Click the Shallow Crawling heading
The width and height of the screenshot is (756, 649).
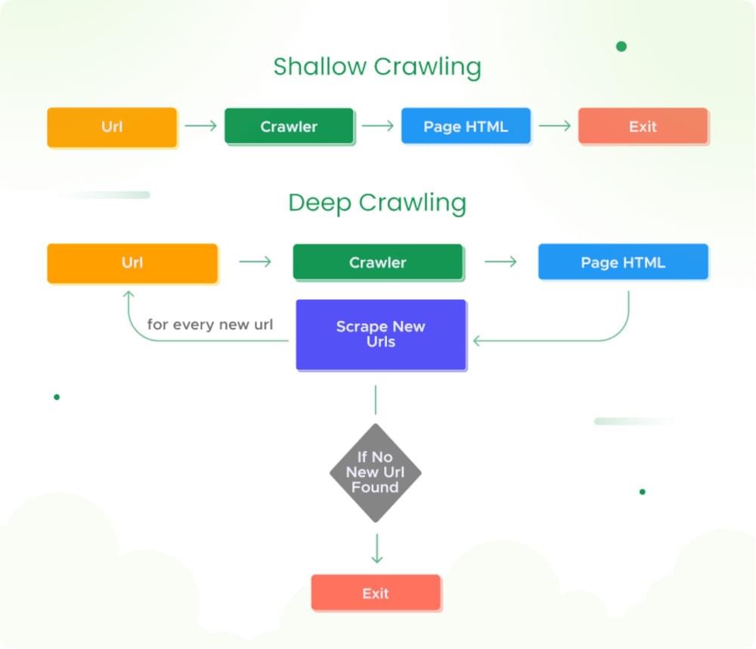point(376,66)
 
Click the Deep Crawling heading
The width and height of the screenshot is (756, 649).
point(376,202)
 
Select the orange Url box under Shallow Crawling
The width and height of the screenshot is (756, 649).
point(112,127)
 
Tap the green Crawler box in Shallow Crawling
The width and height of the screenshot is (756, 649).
point(289,127)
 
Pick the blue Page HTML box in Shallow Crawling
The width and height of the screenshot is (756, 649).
point(466,127)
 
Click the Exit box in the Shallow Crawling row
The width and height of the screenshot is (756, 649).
point(643,127)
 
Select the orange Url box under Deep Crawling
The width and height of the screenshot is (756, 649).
point(132,263)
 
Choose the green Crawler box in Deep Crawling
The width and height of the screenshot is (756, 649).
point(377,263)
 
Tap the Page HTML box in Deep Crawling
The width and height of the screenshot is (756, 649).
point(623,263)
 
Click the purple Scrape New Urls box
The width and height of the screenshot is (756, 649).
point(380,335)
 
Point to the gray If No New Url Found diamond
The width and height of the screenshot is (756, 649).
point(375,472)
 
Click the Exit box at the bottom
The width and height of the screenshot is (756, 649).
point(375,593)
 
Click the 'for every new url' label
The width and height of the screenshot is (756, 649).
point(210,325)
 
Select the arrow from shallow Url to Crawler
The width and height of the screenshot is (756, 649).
point(200,126)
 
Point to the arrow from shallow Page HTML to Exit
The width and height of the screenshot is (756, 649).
point(554,126)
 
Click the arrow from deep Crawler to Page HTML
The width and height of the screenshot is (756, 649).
point(500,262)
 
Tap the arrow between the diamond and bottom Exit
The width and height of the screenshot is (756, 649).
point(376,549)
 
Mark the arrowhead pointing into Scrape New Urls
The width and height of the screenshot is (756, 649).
point(477,341)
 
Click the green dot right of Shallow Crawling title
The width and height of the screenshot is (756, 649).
point(621,47)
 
